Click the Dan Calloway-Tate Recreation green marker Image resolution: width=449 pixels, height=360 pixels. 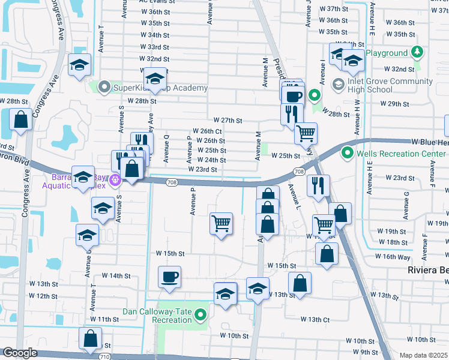200,314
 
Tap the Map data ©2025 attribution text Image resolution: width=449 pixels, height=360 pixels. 423,355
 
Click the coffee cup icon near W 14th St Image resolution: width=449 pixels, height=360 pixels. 169,277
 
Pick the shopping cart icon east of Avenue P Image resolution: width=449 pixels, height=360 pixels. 221,223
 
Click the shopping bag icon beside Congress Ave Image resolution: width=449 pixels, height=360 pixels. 20,119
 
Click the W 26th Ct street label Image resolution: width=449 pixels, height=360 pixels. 207,131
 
